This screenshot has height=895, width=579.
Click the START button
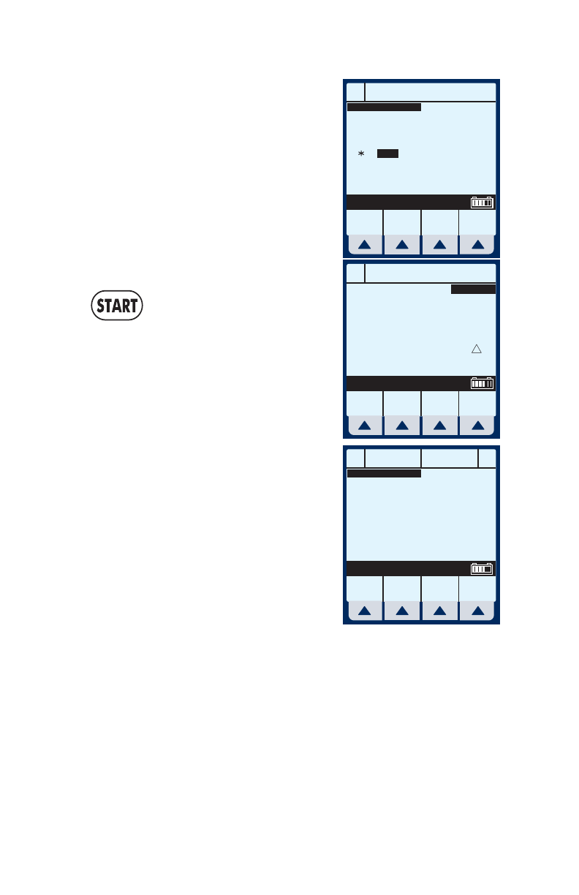coord(117,306)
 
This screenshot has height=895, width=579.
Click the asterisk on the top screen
coord(360,154)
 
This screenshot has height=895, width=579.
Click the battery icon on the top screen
coord(482,203)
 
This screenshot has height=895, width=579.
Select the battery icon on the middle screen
coord(482,383)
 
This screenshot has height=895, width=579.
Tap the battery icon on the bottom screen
coord(482,569)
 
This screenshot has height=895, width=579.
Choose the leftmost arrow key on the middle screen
coord(364,426)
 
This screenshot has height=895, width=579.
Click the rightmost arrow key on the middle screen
coord(478,426)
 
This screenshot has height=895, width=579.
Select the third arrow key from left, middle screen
coord(440,426)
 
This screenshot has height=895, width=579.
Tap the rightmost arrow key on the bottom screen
coord(478,611)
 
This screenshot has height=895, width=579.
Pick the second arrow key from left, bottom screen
coord(402,611)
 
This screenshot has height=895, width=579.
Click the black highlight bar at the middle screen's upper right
coord(473,290)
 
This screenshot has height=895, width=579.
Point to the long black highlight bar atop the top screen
coord(384,107)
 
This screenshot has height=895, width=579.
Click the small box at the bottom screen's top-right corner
coord(487,458)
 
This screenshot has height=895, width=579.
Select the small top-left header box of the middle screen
coord(355,273)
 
